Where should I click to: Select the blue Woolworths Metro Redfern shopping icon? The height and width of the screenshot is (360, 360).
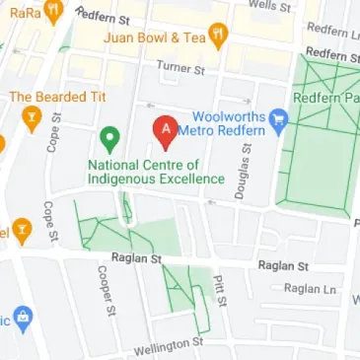click(x=279, y=121)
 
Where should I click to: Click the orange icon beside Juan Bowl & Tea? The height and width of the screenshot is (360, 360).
click(x=219, y=37)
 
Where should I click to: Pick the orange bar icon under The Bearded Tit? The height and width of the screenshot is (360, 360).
click(x=30, y=120)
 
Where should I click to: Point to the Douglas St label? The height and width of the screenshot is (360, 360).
click(x=241, y=169)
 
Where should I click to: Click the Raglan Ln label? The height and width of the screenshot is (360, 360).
click(x=310, y=288)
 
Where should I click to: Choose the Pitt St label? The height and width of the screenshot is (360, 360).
click(x=224, y=292)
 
